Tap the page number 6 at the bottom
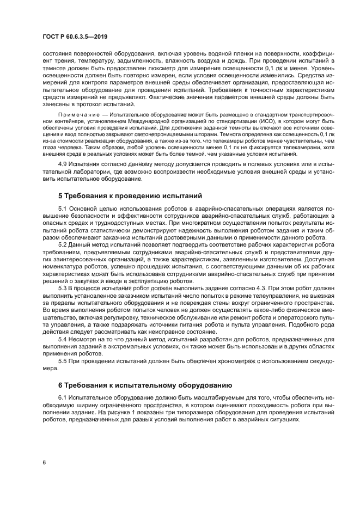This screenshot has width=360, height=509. point(44,462)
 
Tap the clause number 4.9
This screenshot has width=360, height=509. point(63,163)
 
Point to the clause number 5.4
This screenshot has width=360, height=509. point(63,338)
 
